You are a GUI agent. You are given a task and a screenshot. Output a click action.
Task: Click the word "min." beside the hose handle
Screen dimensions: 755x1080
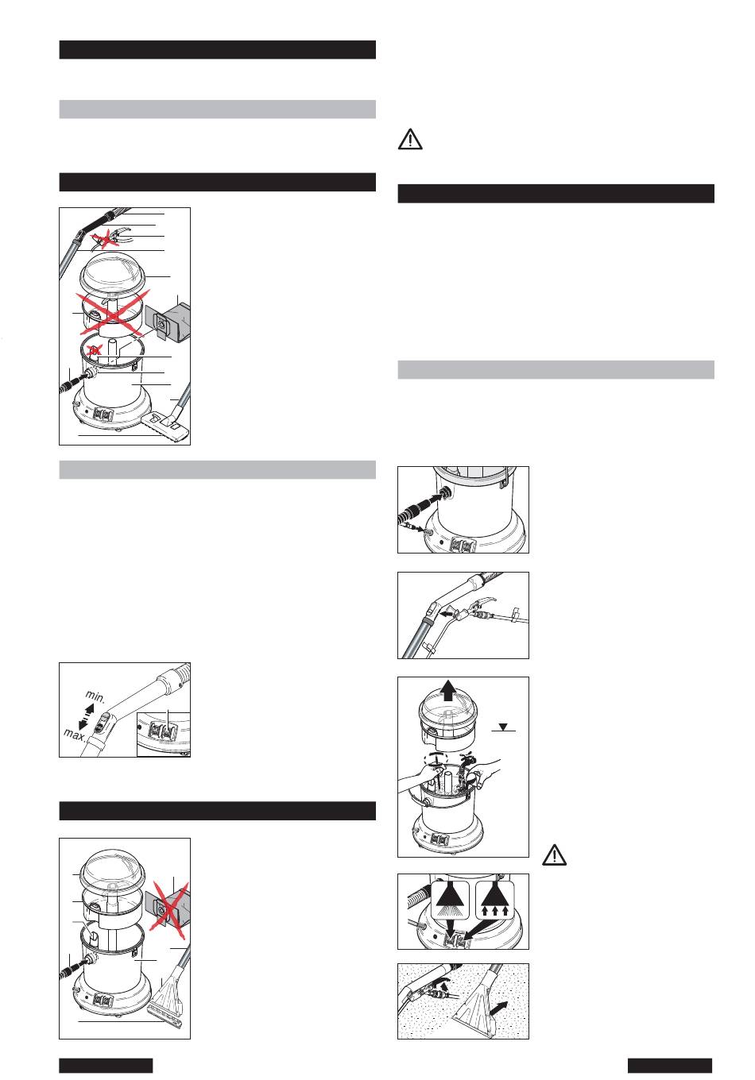pos(95,696)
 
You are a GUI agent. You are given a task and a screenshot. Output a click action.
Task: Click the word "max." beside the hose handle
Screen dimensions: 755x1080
pos(75,735)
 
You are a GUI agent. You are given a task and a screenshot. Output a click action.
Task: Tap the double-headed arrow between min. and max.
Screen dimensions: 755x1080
pos(86,716)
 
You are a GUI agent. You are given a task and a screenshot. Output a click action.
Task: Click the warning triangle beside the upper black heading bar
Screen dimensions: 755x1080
pos(410,139)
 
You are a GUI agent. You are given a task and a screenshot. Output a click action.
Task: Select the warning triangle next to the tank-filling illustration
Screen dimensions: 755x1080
pos(554,854)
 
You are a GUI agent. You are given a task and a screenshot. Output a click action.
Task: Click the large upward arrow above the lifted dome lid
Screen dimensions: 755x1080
pos(449,689)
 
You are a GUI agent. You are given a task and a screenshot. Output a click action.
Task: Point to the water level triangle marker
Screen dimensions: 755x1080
pos(503,727)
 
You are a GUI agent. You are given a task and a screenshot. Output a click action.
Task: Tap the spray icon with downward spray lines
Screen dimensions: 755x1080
pos(450,901)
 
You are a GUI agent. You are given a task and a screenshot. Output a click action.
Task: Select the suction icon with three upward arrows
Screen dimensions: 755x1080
pos(495,901)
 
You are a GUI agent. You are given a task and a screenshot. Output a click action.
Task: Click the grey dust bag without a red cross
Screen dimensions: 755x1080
pos(168,322)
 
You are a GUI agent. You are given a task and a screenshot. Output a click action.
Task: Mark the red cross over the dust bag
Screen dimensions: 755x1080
pos(169,909)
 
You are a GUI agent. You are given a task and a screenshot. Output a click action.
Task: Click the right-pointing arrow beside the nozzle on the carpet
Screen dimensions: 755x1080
pos(499,1005)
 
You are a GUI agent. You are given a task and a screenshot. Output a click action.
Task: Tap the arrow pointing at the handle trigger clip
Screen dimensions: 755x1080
pos(447,615)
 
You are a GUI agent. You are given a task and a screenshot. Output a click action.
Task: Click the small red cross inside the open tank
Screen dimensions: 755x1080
pos(95,349)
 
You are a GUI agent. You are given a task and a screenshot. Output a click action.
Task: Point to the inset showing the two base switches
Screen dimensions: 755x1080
pos(164,735)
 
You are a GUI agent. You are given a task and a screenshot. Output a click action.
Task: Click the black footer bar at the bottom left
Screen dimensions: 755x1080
pos(106,1065)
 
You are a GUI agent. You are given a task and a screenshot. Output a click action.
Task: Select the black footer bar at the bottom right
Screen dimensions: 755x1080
pos(670,1065)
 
